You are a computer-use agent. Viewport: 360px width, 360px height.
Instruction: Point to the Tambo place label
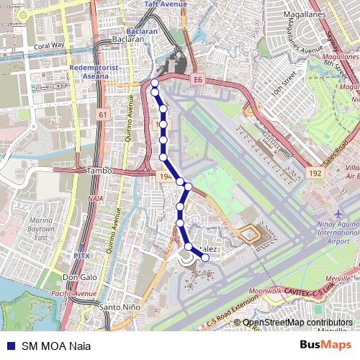pyautogui.click(x=99, y=171)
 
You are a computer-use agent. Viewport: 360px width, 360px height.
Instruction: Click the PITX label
pyautogui.click(x=81, y=256)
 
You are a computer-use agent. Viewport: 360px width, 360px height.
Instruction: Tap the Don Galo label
pyautogui.click(x=80, y=277)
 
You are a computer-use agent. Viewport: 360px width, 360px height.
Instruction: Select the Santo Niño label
pyautogui.click(x=119, y=307)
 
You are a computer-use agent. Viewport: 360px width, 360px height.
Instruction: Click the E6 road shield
pyautogui.click(x=198, y=78)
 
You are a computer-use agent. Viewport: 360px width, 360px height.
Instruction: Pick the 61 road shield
pyautogui.click(x=103, y=114)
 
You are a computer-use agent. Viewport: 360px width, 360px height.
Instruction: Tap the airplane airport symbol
pyautogui.click(x=338, y=214)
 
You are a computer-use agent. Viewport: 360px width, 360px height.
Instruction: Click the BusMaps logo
pyautogui.click(x=325, y=345)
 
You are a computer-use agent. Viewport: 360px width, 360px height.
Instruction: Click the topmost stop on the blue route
pyautogui.click(x=155, y=84)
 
